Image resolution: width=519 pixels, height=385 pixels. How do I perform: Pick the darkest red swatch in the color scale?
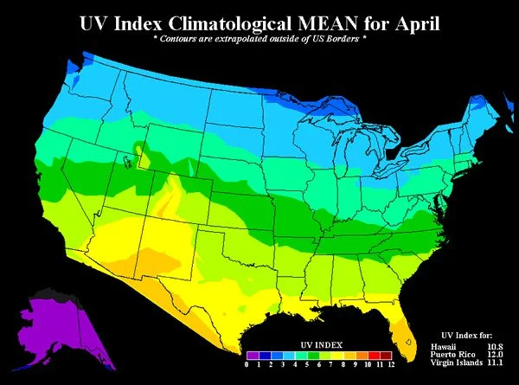tap(386, 354)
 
